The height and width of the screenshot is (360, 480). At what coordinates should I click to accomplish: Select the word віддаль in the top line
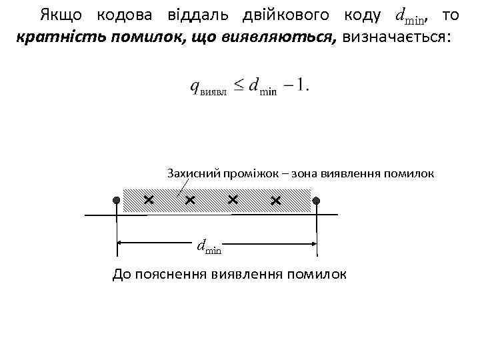(193, 15)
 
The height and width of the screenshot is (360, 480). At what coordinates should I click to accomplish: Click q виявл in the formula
(208, 87)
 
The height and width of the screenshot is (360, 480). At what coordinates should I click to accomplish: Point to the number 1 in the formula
(304, 85)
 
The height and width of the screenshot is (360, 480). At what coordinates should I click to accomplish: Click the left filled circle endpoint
(117, 200)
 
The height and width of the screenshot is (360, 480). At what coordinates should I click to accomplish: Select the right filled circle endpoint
(317, 200)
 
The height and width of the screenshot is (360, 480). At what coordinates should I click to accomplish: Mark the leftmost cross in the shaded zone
(148, 199)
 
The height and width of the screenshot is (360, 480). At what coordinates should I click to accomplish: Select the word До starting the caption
(123, 274)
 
